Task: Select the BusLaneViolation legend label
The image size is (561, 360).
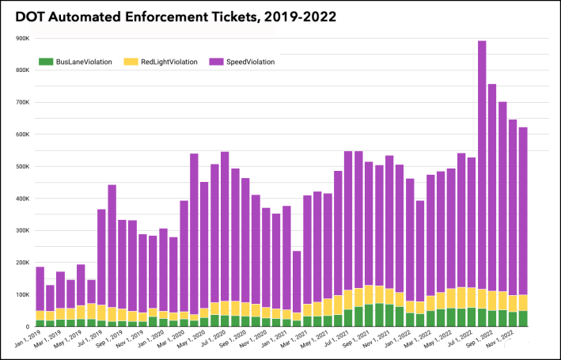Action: (84, 61)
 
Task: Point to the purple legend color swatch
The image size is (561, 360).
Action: (215, 61)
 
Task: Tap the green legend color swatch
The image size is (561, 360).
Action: (46, 61)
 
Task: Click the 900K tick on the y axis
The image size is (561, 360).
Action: (21, 38)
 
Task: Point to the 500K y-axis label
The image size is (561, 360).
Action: (21, 166)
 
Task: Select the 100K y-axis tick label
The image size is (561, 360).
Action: (21, 294)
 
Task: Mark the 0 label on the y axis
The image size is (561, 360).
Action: (27, 326)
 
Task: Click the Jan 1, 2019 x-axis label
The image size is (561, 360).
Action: (28, 340)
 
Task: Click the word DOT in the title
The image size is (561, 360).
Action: (32, 15)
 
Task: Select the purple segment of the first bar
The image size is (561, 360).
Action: (40, 289)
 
